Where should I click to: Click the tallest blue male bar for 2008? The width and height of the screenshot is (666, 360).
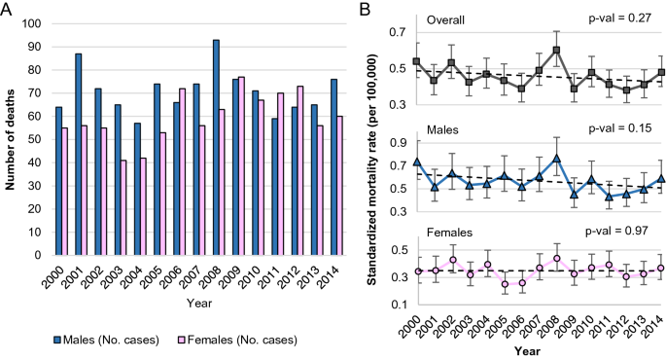coord(214,147)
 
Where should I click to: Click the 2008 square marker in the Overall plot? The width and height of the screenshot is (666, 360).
coord(556,50)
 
